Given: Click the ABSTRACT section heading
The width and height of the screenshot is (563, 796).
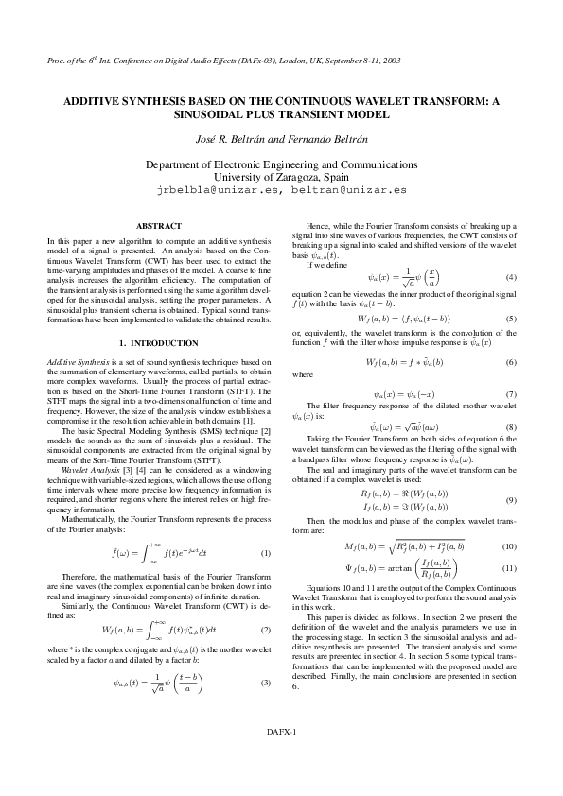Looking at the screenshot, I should (x=160, y=226).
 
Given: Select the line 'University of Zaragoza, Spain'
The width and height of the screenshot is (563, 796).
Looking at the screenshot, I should (x=281, y=176).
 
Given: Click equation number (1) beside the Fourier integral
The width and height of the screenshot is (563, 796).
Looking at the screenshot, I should (x=266, y=552).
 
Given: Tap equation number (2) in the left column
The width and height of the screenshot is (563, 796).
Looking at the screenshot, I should (x=266, y=630).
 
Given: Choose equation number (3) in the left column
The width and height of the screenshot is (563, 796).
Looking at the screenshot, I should (x=266, y=683).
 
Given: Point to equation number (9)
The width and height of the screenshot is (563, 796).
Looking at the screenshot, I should (x=510, y=499).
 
